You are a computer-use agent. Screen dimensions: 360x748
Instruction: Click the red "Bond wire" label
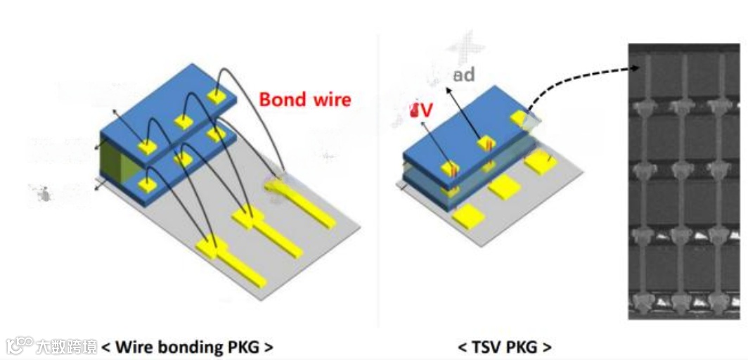(x=304, y=99)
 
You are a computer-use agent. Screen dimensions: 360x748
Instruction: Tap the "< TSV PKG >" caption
(x=504, y=347)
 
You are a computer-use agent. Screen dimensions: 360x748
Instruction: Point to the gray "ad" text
(x=463, y=75)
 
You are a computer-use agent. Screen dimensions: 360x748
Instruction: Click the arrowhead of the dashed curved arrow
(x=636, y=68)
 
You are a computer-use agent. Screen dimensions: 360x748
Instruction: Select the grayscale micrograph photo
(x=683, y=181)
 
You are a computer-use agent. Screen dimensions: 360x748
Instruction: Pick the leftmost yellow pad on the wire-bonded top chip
(x=148, y=147)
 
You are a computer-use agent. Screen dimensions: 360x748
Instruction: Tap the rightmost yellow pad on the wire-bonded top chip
(x=215, y=95)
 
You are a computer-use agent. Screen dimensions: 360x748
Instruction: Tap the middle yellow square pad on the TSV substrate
(x=503, y=187)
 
